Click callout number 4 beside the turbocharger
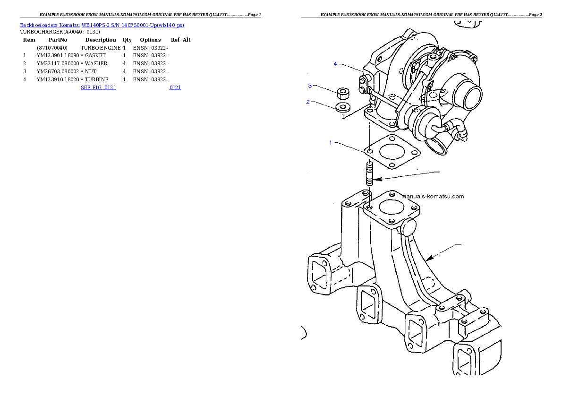(x=335, y=64)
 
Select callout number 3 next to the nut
(x=310, y=86)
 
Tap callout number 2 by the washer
(x=308, y=102)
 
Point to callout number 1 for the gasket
(x=331, y=142)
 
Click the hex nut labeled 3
(x=343, y=92)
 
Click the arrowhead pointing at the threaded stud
(x=378, y=179)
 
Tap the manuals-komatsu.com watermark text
(x=432, y=196)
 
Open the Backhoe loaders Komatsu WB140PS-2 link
(x=102, y=25)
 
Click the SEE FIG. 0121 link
(x=98, y=87)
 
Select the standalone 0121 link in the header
(x=175, y=87)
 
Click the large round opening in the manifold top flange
(x=390, y=207)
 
